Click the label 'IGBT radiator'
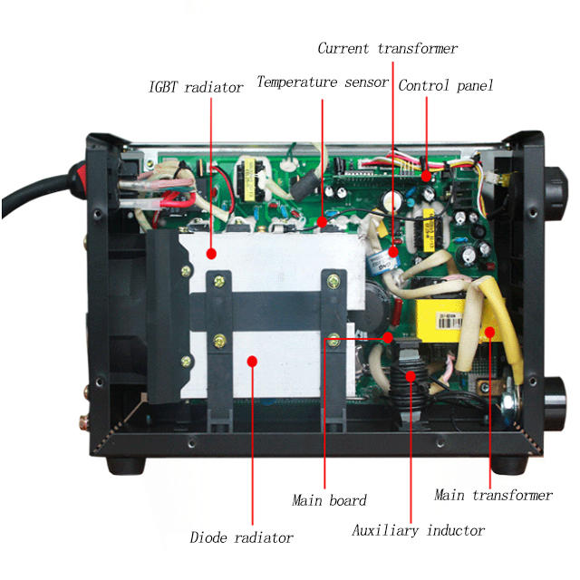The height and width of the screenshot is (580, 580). tap(196, 88)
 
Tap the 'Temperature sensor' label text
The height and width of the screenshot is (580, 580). tap(323, 82)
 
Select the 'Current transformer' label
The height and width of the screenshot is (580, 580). tap(387, 48)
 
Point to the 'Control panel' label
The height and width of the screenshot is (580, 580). tap(446, 86)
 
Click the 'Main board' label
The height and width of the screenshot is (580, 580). tap(329, 500)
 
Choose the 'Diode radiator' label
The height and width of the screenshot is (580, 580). tap(241, 537)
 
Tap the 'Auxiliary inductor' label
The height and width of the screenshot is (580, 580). tap(418, 530)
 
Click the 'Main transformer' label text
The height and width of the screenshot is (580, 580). tap(493, 495)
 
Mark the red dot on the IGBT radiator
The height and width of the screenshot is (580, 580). tap(210, 255)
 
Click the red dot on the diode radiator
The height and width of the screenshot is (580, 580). tap(252, 361)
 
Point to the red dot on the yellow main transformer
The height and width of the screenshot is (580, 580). tap(490, 333)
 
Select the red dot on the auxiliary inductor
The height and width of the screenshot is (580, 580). tap(411, 374)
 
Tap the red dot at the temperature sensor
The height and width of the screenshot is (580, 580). tap(323, 220)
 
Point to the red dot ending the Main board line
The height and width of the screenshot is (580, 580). tap(389, 336)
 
